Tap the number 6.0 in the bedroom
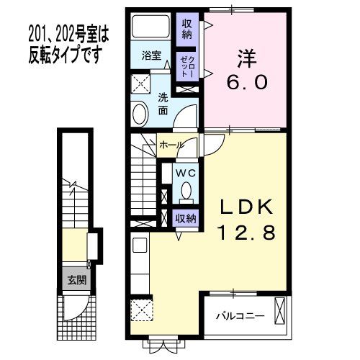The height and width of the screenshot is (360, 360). click(x=247, y=83)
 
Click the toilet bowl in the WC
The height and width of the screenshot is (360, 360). click(x=186, y=192)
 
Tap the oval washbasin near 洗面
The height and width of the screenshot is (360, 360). click(x=140, y=113)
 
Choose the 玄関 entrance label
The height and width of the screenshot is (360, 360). click(x=73, y=280)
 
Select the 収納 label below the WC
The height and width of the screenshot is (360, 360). click(x=185, y=217)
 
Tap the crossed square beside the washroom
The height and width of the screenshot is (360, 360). click(x=140, y=81)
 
